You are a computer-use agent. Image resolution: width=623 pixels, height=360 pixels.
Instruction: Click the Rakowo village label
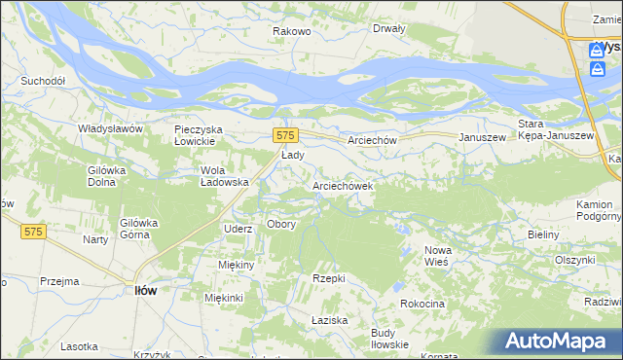pyautogui.click(x=291, y=31)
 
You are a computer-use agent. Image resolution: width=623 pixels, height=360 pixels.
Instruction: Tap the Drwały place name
pyautogui.click(x=388, y=28)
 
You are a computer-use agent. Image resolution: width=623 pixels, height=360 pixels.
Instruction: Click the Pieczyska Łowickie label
pyautogui.click(x=200, y=135)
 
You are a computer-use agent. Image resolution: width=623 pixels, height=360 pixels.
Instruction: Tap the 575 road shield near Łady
pyautogui.click(x=284, y=135)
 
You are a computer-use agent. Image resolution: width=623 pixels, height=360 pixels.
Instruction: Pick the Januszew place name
pyautogui.click(x=483, y=138)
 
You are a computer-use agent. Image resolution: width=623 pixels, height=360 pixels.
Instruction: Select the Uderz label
pyautogui.click(x=238, y=229)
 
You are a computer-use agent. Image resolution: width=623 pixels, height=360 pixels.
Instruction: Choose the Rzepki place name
pyautogui.click(x=329, y=278)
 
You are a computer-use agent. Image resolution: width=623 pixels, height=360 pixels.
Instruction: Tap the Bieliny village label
pyautogui.click(x=543, y=235)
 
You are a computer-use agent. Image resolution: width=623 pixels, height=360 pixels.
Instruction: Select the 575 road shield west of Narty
pyautogui.click(x=34, y=231)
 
